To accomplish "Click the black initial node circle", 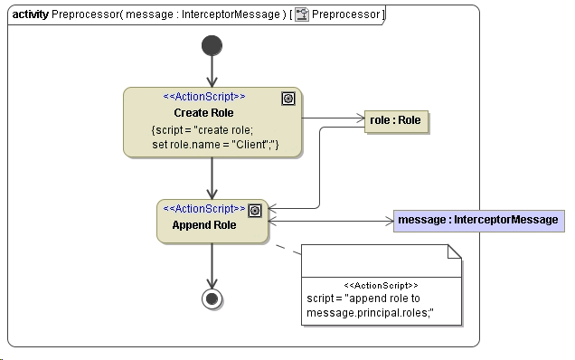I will (x=212, y=45).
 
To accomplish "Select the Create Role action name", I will (x=203, y=113).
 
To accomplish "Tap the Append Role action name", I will (x=205, y=225).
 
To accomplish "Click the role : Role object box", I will (x=395, y=119).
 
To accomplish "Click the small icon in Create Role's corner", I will (x=288, y=99).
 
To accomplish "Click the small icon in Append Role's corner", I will (x=255, y=211).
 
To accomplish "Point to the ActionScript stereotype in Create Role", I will (x=203, y=97).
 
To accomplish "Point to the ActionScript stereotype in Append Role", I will (x=203, y=209).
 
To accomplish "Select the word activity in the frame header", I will (x=31, y=14).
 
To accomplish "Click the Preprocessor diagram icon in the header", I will (x=302, y=14).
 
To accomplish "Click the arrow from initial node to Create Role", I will (x=212, y=71).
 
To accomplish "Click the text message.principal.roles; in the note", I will (x=370, y=314).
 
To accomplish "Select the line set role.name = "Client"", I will (x=215, y=144).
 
